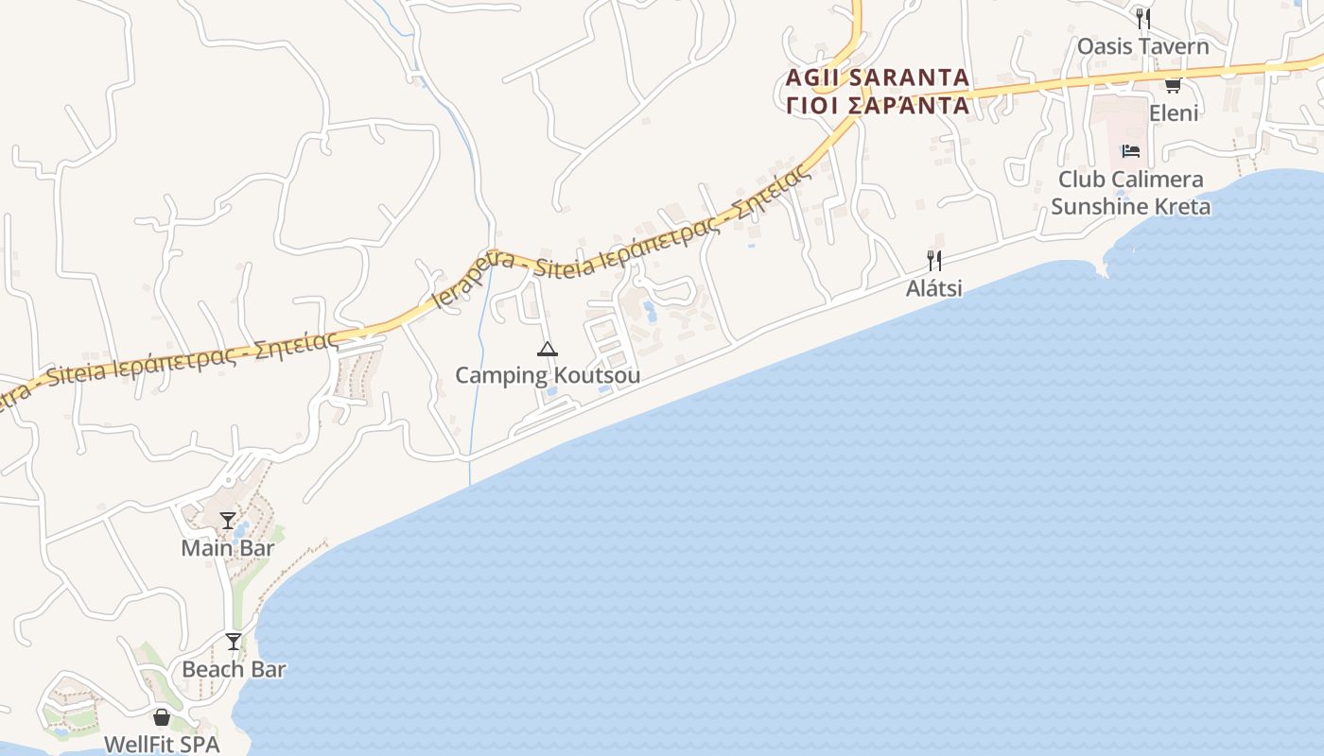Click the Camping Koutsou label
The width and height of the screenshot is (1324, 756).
coord(548,375)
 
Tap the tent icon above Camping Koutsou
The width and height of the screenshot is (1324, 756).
coord(547,350)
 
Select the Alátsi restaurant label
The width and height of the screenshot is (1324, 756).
coord(934,287)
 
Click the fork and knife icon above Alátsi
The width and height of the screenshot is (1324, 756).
coord(934,261)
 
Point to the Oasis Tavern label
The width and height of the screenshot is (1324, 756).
coord(1142,46)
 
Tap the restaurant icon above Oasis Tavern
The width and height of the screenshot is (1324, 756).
coord(1142,18)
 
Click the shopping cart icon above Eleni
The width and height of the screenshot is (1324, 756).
coord(1173,86)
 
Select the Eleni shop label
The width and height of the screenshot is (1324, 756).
coord(1173,113)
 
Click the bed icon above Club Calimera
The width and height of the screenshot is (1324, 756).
coord(1130,151)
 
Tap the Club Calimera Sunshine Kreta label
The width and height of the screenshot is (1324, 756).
coord(1130,193)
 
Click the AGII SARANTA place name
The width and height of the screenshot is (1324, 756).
coord(878,77)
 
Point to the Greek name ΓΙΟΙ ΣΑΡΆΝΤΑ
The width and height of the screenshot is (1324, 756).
coord(878,104)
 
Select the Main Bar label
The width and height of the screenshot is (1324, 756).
coord(228,548)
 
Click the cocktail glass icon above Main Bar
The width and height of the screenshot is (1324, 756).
coord(228,521)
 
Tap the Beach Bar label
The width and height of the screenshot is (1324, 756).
coord(234,669)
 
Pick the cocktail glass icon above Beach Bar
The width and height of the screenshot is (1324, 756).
coord(234,642)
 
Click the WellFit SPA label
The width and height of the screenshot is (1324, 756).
coord(162,744)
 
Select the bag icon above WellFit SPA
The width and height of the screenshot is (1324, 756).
coord(162,717)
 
